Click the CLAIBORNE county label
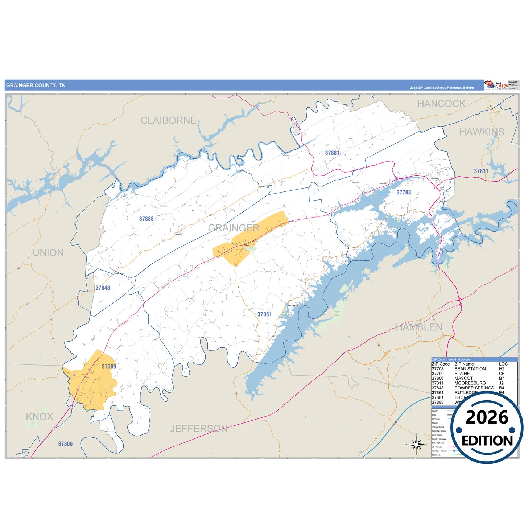(x=168, y=120)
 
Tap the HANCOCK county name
(x=441, y=104)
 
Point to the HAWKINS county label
(x=482, y=132)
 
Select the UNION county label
(x=48, y=253)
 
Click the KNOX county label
(x=40, y=417)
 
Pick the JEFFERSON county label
(x=199, y=429)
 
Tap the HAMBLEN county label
(x=419, y=327)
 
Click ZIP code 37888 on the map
(x=147, y=219)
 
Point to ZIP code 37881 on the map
(x=332, y=153)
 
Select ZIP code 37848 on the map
(x=103, y=288)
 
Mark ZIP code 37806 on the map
(x=66, y=444)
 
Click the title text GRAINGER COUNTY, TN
(x=36, y=86)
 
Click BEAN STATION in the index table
(x=470, y=369)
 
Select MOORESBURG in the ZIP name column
(x=470, y=383)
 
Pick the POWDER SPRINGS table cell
(x=474, y=388)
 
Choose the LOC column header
(x=503, y=364)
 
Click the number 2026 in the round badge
(x=487, y=417)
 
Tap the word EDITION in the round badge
(x=487, y=441)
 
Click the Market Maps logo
(x=496, y=85)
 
